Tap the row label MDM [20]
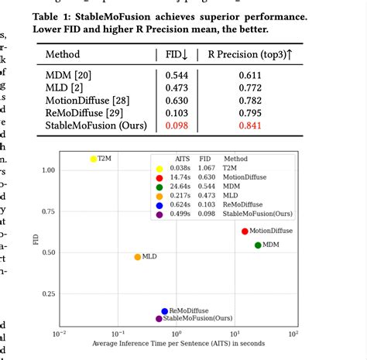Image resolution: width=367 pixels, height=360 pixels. point(69,76)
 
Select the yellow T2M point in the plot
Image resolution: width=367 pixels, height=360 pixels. point(94,159)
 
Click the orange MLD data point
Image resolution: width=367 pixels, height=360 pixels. point(138,257)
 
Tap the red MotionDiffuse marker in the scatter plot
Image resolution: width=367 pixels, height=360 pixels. point(245,231)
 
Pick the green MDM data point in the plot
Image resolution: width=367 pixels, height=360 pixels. point(258,245)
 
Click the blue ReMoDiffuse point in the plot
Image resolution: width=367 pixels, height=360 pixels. point(164,310)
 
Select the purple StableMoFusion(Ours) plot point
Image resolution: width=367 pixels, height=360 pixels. point(159,318)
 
